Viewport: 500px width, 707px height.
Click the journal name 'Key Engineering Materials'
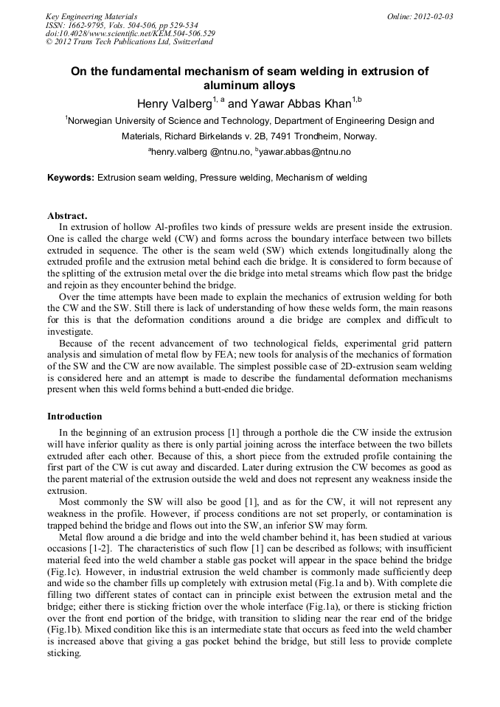91,15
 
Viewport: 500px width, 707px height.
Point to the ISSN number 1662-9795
85,24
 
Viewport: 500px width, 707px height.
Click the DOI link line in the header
131,33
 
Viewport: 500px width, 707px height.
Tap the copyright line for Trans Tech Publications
129,42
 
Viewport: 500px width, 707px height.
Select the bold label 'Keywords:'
71,178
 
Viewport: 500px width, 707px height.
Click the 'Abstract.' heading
67,216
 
